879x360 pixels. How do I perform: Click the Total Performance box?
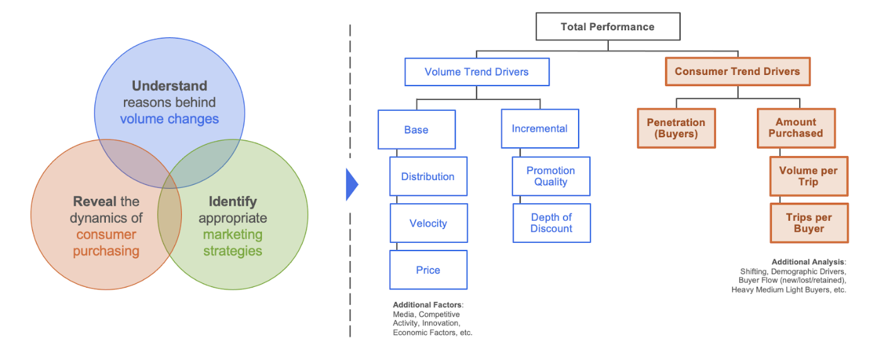click(x=608, y=27)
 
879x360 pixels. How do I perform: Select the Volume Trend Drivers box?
click(x=477, y=72)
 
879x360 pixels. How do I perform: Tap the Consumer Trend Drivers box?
click(x=737, y=72)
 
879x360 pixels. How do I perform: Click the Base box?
click(x=416, y=130)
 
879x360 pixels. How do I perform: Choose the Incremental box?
click(x=540, y=128)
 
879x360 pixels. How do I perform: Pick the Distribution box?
click(x=428, y=177)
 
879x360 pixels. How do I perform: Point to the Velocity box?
click(x=428, y=223)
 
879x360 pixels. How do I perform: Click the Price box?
click(x=428, y=270)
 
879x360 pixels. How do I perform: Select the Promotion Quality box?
click(x=551, y=176)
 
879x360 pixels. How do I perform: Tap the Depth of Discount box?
click(x=551, y=223)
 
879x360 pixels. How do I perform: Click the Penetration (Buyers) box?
click(x=676, y=128)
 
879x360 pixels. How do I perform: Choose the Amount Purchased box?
click(x=796, y=128)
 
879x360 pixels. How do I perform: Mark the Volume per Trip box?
click(x=808, y=176)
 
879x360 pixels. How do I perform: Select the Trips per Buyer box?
click(x=808, y=223)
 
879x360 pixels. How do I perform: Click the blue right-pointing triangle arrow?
click(x=351, y=185)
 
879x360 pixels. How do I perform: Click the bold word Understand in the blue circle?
click(x=169, y=86)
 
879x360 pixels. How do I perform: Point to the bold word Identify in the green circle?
click(x=233, y=202)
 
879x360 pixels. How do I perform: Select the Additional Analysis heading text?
click(x=808, y=262)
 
